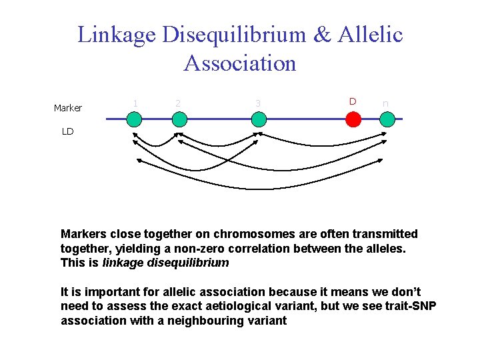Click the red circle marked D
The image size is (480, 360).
coord(353,119)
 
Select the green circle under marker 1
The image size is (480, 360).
coord(135,119)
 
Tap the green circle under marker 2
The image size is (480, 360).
coord(179,119)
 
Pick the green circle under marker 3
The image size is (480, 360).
coord(259,119)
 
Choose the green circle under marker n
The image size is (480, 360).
coord(388,119)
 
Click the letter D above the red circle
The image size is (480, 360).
coord(353,101)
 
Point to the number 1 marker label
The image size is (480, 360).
coord(135,103)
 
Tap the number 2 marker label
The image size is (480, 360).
coord(177,103)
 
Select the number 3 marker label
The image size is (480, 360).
coord(257,103)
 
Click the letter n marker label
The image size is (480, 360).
coord(385,104)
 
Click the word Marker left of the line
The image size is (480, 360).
coord(68,108)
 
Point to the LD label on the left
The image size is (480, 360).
coord(67,131)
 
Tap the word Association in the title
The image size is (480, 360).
coord(240,63)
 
